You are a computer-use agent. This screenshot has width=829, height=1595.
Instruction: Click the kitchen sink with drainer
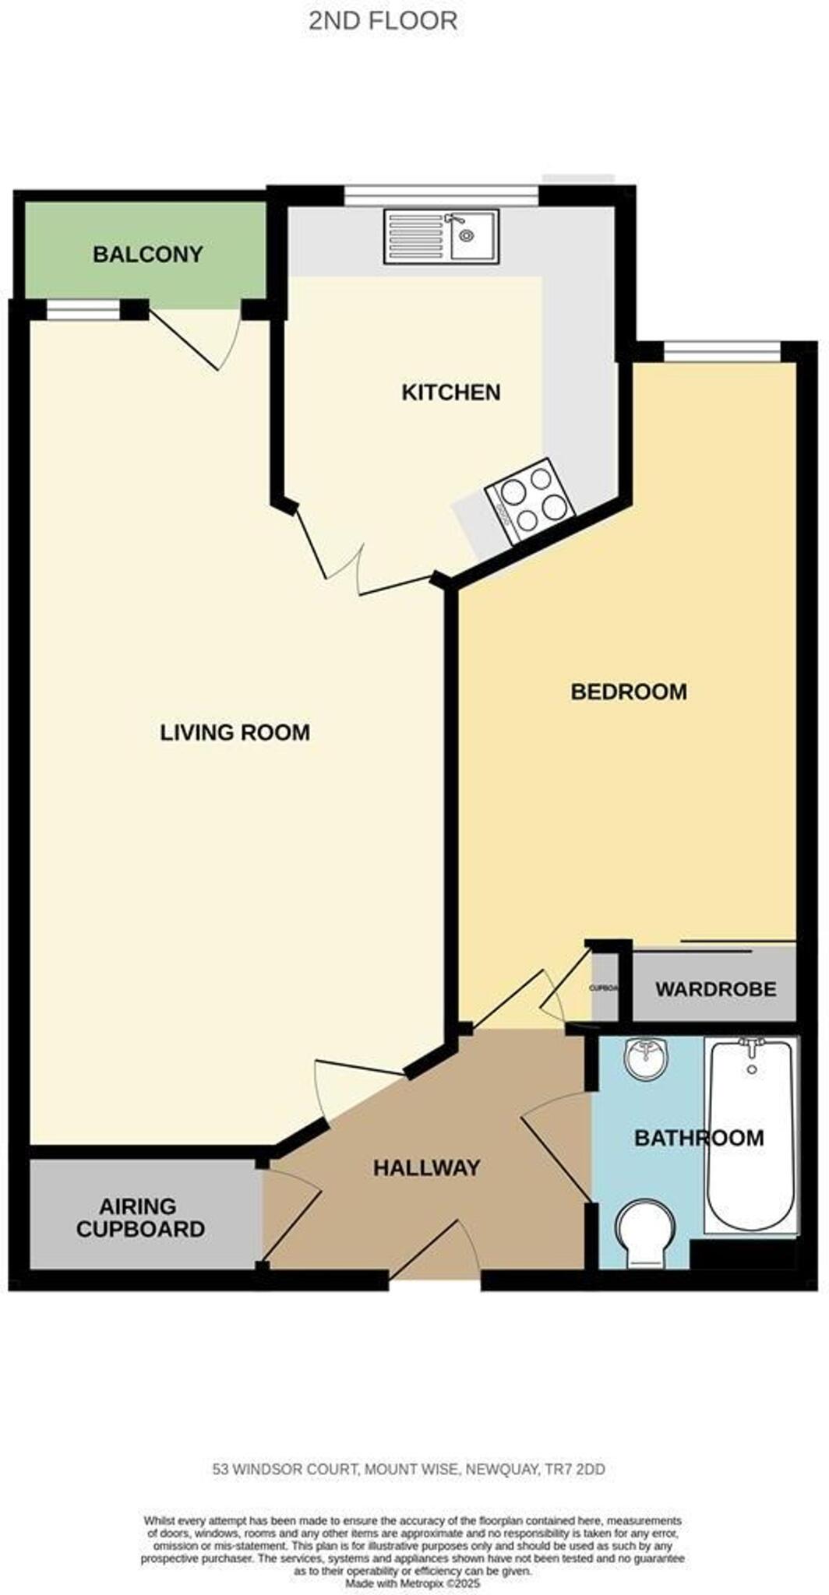click(441, 236)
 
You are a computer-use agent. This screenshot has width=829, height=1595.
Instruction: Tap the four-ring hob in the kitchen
click(530, 500)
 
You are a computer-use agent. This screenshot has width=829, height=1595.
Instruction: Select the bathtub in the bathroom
click(750, 1134)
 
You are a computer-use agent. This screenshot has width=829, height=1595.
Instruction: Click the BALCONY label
click(147, 255)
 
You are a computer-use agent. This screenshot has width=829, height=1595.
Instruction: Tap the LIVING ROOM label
click(235, 733)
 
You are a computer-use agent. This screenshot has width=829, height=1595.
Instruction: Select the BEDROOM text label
click(628, 692)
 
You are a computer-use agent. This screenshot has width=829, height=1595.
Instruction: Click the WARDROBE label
click(715, 989)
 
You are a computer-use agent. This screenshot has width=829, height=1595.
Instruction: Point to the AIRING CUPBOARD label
click(140, 1218)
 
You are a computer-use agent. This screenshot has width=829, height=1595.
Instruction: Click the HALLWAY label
click(426, 1167)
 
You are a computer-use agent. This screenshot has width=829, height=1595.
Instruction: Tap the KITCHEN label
click(450, 393)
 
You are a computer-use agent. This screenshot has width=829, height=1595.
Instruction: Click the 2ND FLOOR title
click(383, 21)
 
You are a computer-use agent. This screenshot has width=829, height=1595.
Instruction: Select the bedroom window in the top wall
click(721, 351)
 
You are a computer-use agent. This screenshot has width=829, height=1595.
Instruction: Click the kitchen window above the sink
click(442, 195)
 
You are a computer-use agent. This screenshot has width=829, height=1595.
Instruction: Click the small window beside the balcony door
click(83, 311)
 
